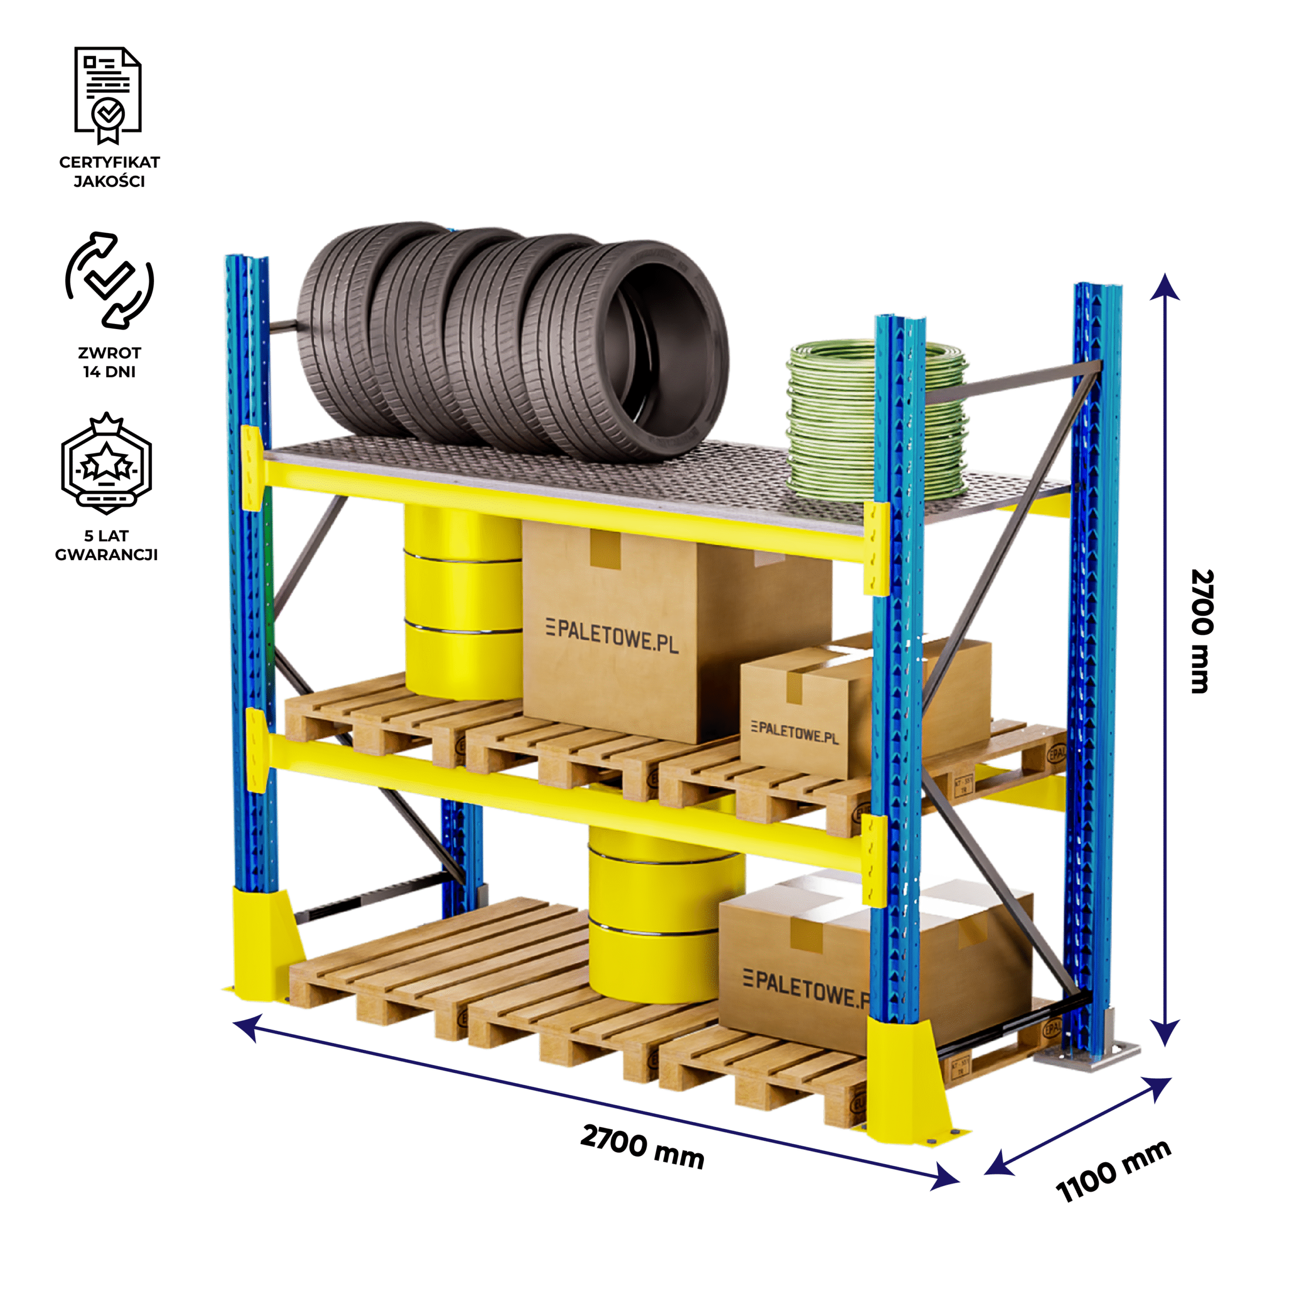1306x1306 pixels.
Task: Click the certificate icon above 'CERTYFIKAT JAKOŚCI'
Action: point(108,95)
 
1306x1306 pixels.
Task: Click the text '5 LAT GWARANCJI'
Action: point(106,545)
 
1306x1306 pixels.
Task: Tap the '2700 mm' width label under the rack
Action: point(642,1147)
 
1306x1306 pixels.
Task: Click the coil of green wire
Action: point(877,419)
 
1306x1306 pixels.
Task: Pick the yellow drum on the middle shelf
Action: point(463,601)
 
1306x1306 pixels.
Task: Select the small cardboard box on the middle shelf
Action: point(805,717)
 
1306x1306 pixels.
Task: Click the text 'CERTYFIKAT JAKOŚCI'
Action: point(110,172)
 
